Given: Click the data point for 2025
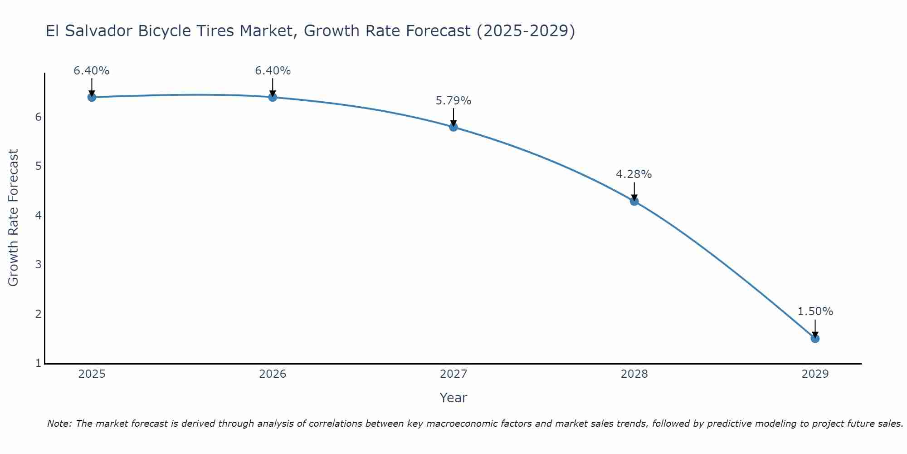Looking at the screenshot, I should pos(92,97).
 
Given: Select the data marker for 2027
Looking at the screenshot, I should pos(453,127).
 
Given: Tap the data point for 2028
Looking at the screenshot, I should pos(634,201).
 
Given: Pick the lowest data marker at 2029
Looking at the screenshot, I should pos(815,339).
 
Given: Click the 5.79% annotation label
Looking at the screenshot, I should pos(453,101).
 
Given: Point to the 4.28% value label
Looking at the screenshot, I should pos(634,174).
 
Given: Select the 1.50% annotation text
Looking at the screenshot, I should pos(815,311).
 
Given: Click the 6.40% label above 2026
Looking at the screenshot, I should pos(273,71).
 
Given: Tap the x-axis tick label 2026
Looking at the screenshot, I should pos(273,374).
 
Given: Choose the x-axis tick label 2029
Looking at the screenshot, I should pos(815,374).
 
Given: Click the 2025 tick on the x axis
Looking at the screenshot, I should pos(92,374).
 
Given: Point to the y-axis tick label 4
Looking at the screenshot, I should pos(38,215).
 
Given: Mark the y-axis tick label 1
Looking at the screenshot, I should pos(38,363).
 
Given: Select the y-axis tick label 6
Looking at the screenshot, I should pos(38,117).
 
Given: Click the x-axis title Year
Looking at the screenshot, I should pos(453,398).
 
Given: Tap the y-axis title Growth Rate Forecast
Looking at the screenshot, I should pos(14,218).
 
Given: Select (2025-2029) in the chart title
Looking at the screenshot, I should pos(526,31).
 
